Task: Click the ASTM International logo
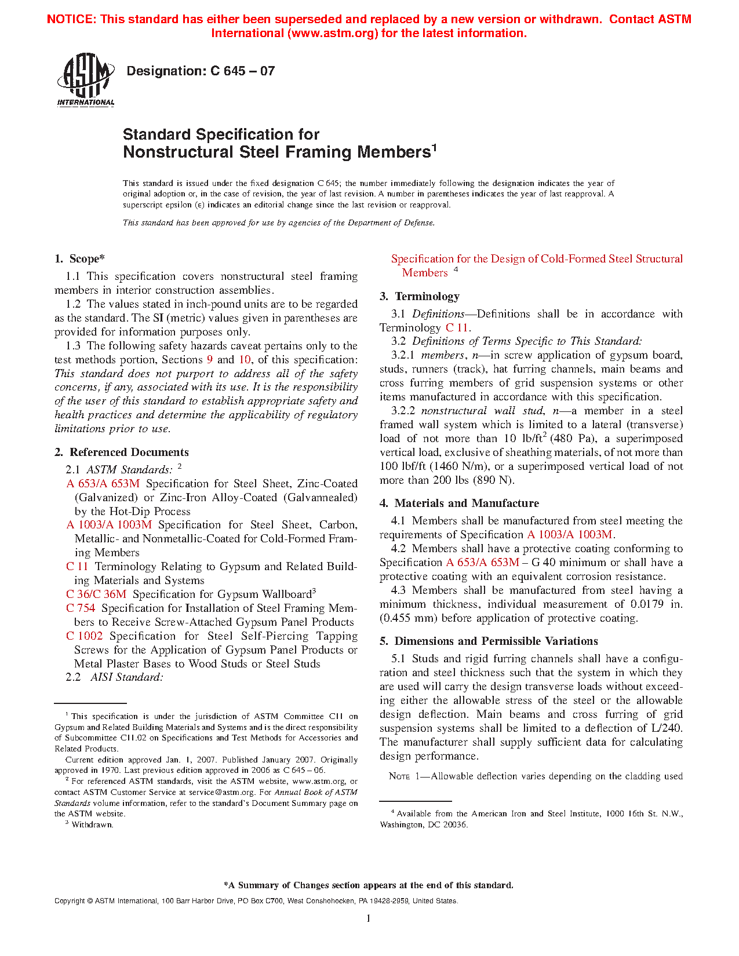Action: pyautogui.click(x=86, y=80)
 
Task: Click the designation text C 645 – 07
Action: pyautogui.click(x=201, y=71)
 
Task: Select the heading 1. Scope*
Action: pyautogui.click(x=80, y=259)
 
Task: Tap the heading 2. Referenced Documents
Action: pyautogui.click(x=122, y=453)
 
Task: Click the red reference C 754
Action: pyautogui.click(x=81, y=608)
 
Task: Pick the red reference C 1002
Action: pyautogui.click(x=85, y=636)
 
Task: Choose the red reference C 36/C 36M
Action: pyautogui.click(x=96, y=594)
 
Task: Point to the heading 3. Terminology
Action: pyautogui.click(x=420, y=297)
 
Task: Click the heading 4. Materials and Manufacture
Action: pyautogui.click(x=459, y=503)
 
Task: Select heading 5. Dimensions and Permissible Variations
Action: pyautogui.click(x=489, y=641)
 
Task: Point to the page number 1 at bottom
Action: pyautogui.click(x=369, y=918)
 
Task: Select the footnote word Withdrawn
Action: pyautogui.click(x=92, y=824)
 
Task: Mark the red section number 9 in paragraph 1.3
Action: pyautogui.click(x=210, y=360)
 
